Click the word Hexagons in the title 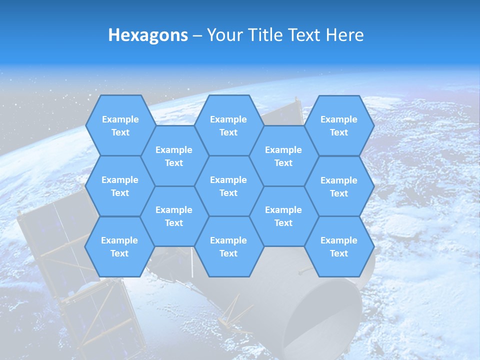(148, 35)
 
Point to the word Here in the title (345, 35)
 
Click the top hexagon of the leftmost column (120, 125)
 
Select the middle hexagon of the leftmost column (120, 186)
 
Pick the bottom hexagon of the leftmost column (119, 246)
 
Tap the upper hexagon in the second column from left (174, 156)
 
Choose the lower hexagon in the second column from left (174, 216)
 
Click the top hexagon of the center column (228, 125)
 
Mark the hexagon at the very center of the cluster (228, 186)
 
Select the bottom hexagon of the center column (228, 246)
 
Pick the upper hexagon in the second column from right (283, 156)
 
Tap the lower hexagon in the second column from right (283, 216)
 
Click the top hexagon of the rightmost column (339, 125)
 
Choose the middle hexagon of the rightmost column (339, 186)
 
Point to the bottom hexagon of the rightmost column (339, 246)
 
